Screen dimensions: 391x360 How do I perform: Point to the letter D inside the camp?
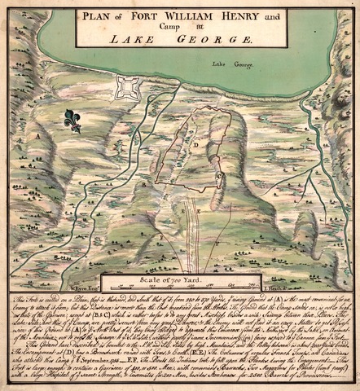[196, 145]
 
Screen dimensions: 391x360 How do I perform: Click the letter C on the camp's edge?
[217, 175]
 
